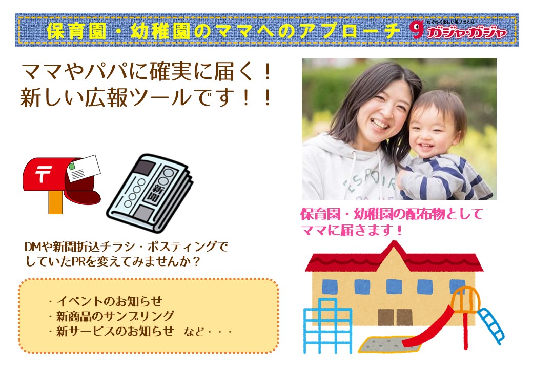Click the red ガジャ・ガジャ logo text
(x=466, y=32)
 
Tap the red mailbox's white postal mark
(x=42, y=173)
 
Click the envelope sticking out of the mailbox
(x=84, y=168)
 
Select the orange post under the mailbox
(x=55, y=202)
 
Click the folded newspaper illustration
(x=150, y=193)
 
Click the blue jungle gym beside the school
(x=327, y=325)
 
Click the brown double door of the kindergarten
(x=395, y=317)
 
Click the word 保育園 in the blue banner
(x=76, y=31)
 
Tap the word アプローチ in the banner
(x=351, y=31)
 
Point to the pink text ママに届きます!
(x=352, y=231)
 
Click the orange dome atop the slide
(x=465, y=299)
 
